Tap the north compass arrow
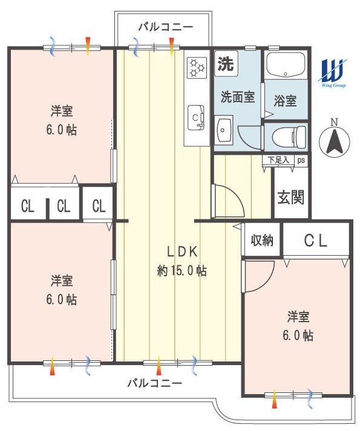(x=335, y=142)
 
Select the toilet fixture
(x=289, y=137)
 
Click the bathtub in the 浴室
(x=286, y=65)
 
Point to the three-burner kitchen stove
(x=197, y=67)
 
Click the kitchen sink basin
(x=195, y=118)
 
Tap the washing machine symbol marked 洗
(x=226, y=63)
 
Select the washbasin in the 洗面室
(x=224, y=131)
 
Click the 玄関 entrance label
(x=290, y=197)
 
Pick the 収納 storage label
(x=262, y=240)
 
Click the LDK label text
(x=182, y=251)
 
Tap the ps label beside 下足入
(x=301, y=160)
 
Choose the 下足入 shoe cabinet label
(x=278, y=160)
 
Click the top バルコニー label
(x=165, y=27)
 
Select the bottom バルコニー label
(x=154, y=383)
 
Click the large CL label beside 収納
(x=315, y=240)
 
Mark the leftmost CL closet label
(x=27, y=206)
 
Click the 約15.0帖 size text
(x=182, y=271)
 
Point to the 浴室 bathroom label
(x=285, y=101)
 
